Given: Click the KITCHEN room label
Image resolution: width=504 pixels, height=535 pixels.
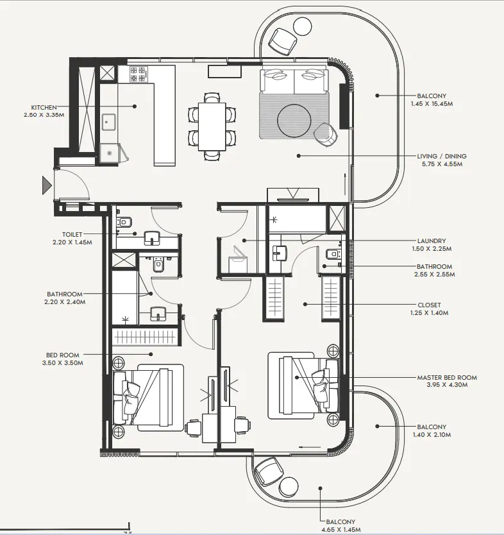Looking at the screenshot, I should [44, 107].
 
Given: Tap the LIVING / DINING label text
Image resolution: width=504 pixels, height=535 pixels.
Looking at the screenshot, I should [442, 156].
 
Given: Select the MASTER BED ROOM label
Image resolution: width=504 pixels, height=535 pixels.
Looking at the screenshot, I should [446, 378].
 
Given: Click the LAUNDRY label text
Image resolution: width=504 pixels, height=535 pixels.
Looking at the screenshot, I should [431, 241].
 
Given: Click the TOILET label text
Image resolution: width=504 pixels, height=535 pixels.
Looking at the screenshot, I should [72, 235].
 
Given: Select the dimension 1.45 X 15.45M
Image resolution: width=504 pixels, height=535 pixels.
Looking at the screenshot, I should [432, 103].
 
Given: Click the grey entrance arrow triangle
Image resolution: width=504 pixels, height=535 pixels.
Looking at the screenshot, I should [46, 186].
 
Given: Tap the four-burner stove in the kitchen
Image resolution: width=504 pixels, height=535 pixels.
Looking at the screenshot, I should [138, 74].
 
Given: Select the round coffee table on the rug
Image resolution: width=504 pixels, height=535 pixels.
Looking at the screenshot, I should [295, 119].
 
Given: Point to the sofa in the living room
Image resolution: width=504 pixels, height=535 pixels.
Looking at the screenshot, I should [294, 81].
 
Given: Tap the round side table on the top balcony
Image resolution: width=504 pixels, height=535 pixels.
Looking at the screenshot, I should [301, 26].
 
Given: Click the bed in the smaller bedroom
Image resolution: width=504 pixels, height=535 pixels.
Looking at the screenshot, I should [149, 395].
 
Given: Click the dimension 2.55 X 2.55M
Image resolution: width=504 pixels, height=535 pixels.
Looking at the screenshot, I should [434, 275].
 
